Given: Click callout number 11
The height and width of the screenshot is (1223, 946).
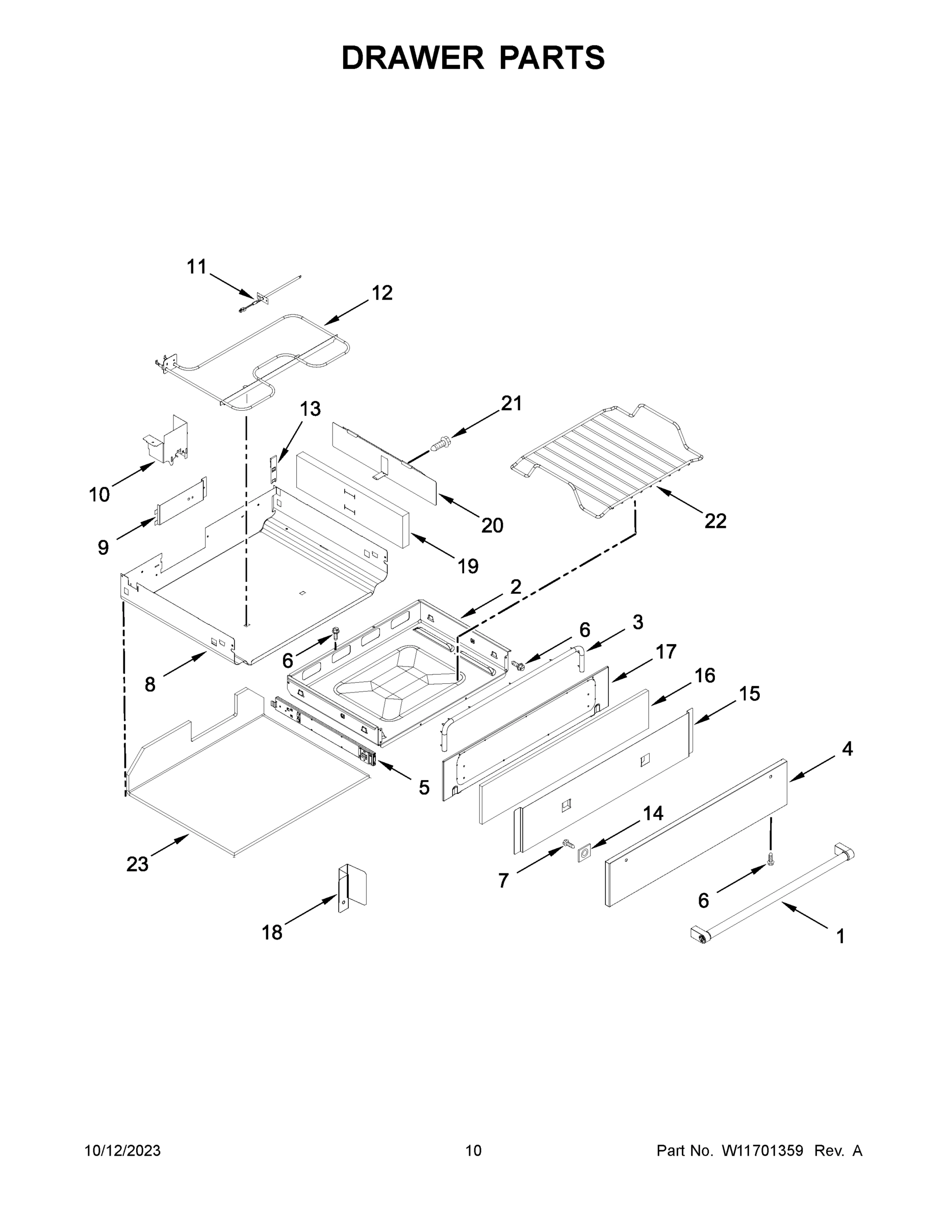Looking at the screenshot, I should (197, 267).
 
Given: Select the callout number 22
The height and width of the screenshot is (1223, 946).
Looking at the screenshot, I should (715, 521).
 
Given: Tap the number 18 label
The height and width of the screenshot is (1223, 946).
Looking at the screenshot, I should (272, 933).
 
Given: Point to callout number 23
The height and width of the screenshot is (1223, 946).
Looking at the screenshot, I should (137, 865).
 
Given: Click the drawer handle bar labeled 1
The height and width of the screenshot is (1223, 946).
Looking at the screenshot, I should (774, 893).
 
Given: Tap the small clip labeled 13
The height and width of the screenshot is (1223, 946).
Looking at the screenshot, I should (273, 469).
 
